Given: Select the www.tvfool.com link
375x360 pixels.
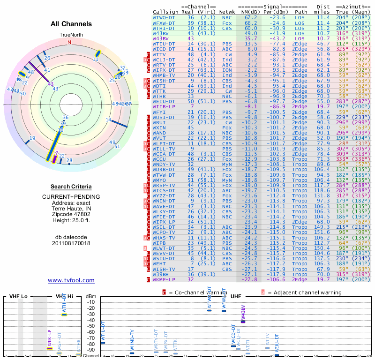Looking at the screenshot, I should click(x=71, y=280).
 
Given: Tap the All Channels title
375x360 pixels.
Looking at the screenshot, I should click(x=71, y=24).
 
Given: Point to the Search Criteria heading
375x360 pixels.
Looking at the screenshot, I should click(x=71, y=187).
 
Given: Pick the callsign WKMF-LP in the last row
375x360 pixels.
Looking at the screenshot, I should click(x=164, y=279).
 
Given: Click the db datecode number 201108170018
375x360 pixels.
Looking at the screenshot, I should click(x=71, y=243).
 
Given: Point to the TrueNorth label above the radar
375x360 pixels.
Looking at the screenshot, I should click(x=71, y=35).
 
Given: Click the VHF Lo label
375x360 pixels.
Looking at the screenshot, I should click(x=19, y=297).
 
